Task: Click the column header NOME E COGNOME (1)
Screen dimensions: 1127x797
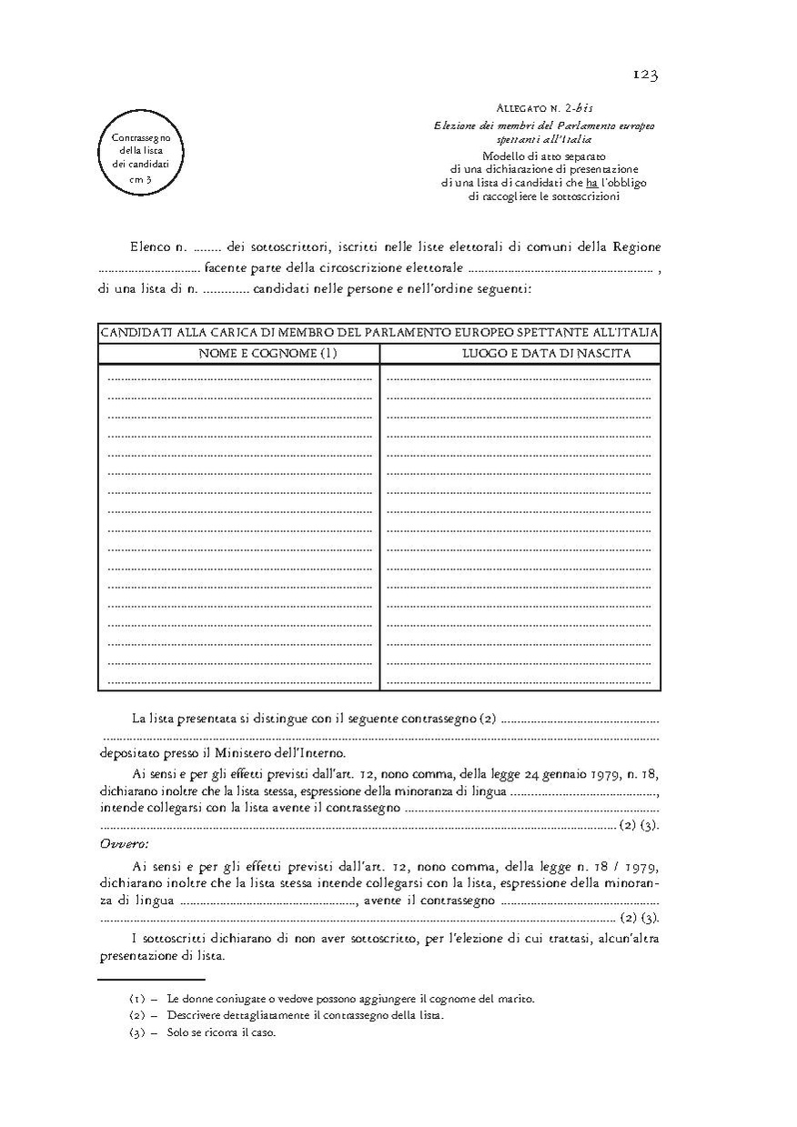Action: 268,354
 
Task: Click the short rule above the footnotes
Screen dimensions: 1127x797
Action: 138,981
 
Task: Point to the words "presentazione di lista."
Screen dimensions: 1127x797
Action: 161,958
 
